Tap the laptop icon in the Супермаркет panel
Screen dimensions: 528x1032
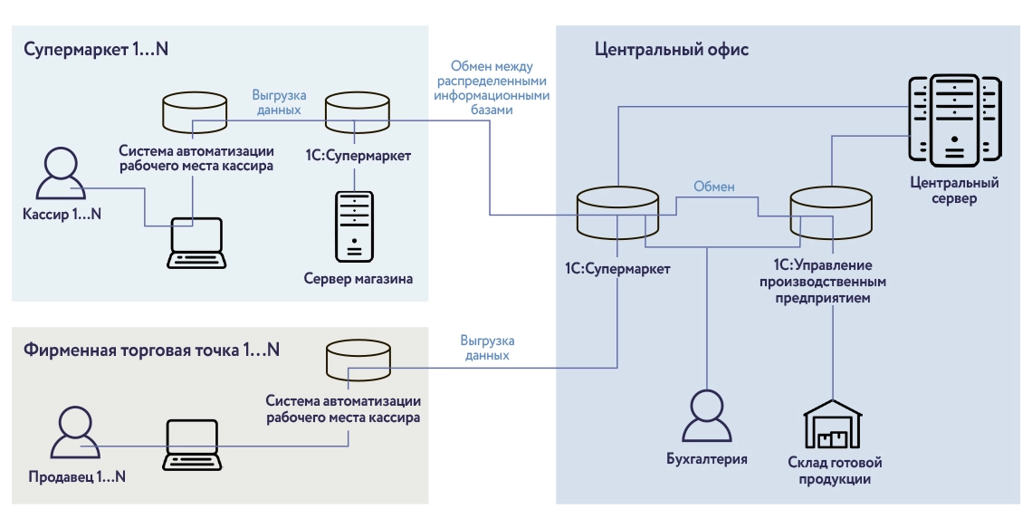pyautogui.click(x=196, y=242)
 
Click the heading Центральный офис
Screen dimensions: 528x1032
pyautogui.click(x=672, y=50)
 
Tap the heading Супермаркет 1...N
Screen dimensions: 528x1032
pyautogui.click(x=97, y=50)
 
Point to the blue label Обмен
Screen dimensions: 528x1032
pyautogui.click(x=714, y=187)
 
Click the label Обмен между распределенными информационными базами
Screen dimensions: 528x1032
pyautogui.click(x=494, y=88)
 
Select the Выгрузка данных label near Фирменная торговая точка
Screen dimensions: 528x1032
pyautogui.click(x=486, y=348)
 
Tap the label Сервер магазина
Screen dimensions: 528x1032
pyautogui.click(x=358, y=279)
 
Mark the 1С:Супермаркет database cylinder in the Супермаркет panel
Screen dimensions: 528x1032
pyautogui.click(x=358, y=111)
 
